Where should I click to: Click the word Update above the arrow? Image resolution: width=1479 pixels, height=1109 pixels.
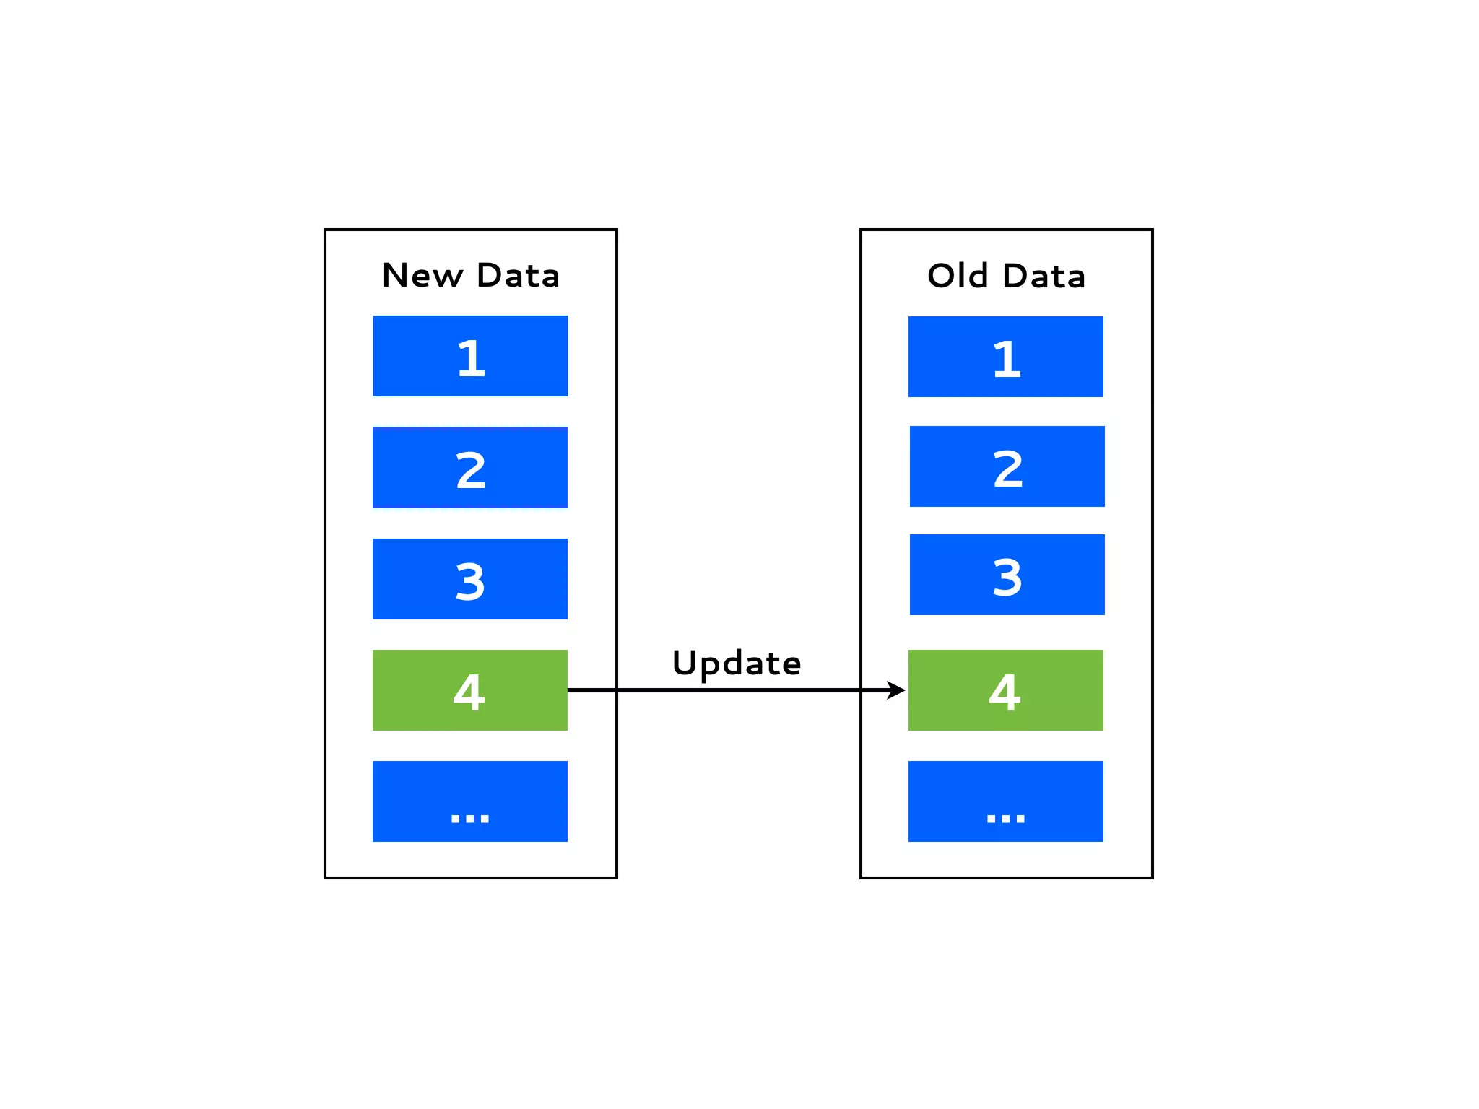[x=736, y=663]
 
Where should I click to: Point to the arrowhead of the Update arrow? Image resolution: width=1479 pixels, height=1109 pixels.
[x=897, y=690]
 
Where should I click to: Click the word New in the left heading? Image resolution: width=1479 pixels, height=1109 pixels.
[x=422, y=276]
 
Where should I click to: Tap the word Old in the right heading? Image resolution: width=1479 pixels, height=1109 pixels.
[x=958, y=276]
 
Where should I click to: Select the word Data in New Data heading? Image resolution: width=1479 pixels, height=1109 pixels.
[x=518, y=276]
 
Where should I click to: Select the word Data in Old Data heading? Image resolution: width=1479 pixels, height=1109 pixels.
[x=1044, y=276]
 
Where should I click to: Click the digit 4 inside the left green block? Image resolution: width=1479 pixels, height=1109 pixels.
[x=469, y=692]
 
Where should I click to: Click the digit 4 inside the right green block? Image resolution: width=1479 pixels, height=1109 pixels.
[x=1005, y=692]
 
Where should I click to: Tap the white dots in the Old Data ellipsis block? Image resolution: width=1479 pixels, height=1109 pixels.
[x=1005, y=818]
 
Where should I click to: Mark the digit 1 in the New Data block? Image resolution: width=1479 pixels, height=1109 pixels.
[x=472, y=358]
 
